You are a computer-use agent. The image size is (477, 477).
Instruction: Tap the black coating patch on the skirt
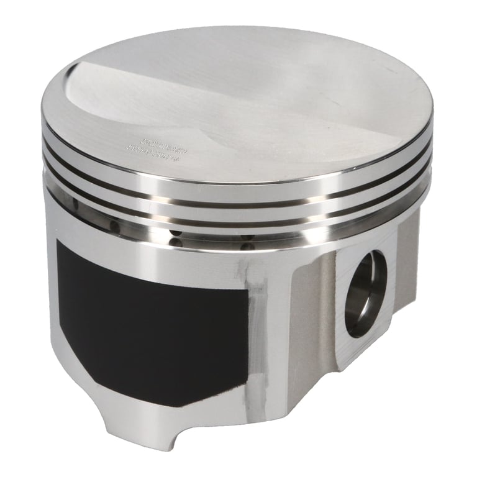[x=149, y=323]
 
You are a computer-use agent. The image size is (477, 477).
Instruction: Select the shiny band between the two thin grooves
[x=236, y=193]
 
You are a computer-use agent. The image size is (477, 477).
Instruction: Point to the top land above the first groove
[x=236, y=171]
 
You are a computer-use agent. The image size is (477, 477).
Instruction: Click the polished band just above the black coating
[x=155, y=245]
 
